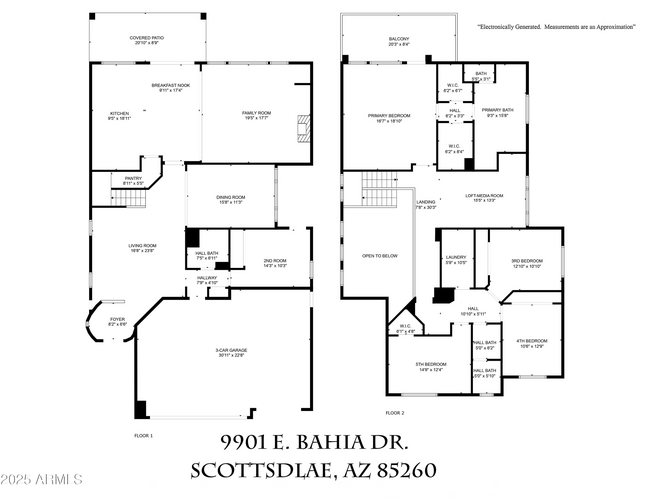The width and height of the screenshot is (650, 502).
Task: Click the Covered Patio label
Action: coord(145,39)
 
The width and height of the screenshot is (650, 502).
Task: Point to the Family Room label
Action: coord(257,115)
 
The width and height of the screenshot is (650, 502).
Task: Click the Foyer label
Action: coord(117,321)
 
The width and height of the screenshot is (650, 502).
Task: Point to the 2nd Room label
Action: coord(274,262)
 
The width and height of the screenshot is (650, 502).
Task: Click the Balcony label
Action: coord(399,40)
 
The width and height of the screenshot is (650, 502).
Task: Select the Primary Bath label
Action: coord(497,111)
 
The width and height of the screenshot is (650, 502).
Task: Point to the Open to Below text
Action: coord(380,256)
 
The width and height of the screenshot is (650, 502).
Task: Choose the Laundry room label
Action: coord(455,259)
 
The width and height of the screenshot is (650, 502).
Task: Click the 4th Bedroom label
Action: coord(531,343)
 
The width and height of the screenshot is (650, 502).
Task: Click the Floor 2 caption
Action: coord(395,412)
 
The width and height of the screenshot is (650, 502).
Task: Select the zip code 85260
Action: coord(400,470)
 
